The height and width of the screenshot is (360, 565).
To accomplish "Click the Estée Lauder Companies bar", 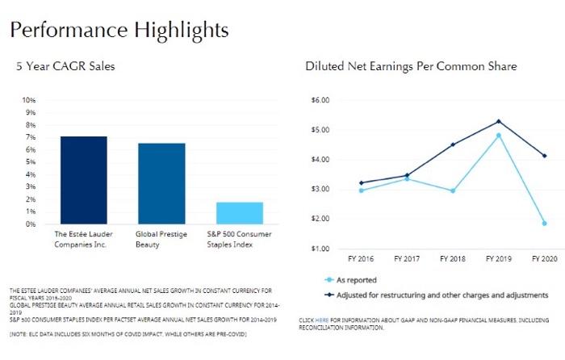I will (x=83, y=180).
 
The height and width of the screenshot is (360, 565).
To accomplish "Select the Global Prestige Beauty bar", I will (x=161, y=183).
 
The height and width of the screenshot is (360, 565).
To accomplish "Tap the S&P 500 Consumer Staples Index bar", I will (x=240, y=212).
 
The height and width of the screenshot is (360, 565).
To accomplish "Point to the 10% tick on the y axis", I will (x=28, y=100).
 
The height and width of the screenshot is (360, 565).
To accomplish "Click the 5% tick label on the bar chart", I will (x=31, y=162).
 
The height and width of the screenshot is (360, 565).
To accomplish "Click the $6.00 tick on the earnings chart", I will (x=321, y=100).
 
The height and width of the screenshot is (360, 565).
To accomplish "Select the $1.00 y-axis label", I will (x=321, y=249).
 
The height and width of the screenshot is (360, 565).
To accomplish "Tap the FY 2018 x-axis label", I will (x=453, y=260).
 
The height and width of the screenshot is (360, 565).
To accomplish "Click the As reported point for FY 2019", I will (x=499, y=136).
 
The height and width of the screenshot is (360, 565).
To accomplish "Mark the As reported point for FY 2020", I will (x=544, y=223).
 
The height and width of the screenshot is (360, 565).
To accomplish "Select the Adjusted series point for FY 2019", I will (x=499, y=121).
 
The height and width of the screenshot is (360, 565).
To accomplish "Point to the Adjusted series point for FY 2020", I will (x=544, y=156).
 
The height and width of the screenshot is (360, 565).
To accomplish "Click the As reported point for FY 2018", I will (x=453, y=191).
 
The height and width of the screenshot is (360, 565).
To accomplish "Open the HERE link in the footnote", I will (x=321, y=320).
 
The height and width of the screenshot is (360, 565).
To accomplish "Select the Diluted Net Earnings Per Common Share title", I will (x=411, y=65).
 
